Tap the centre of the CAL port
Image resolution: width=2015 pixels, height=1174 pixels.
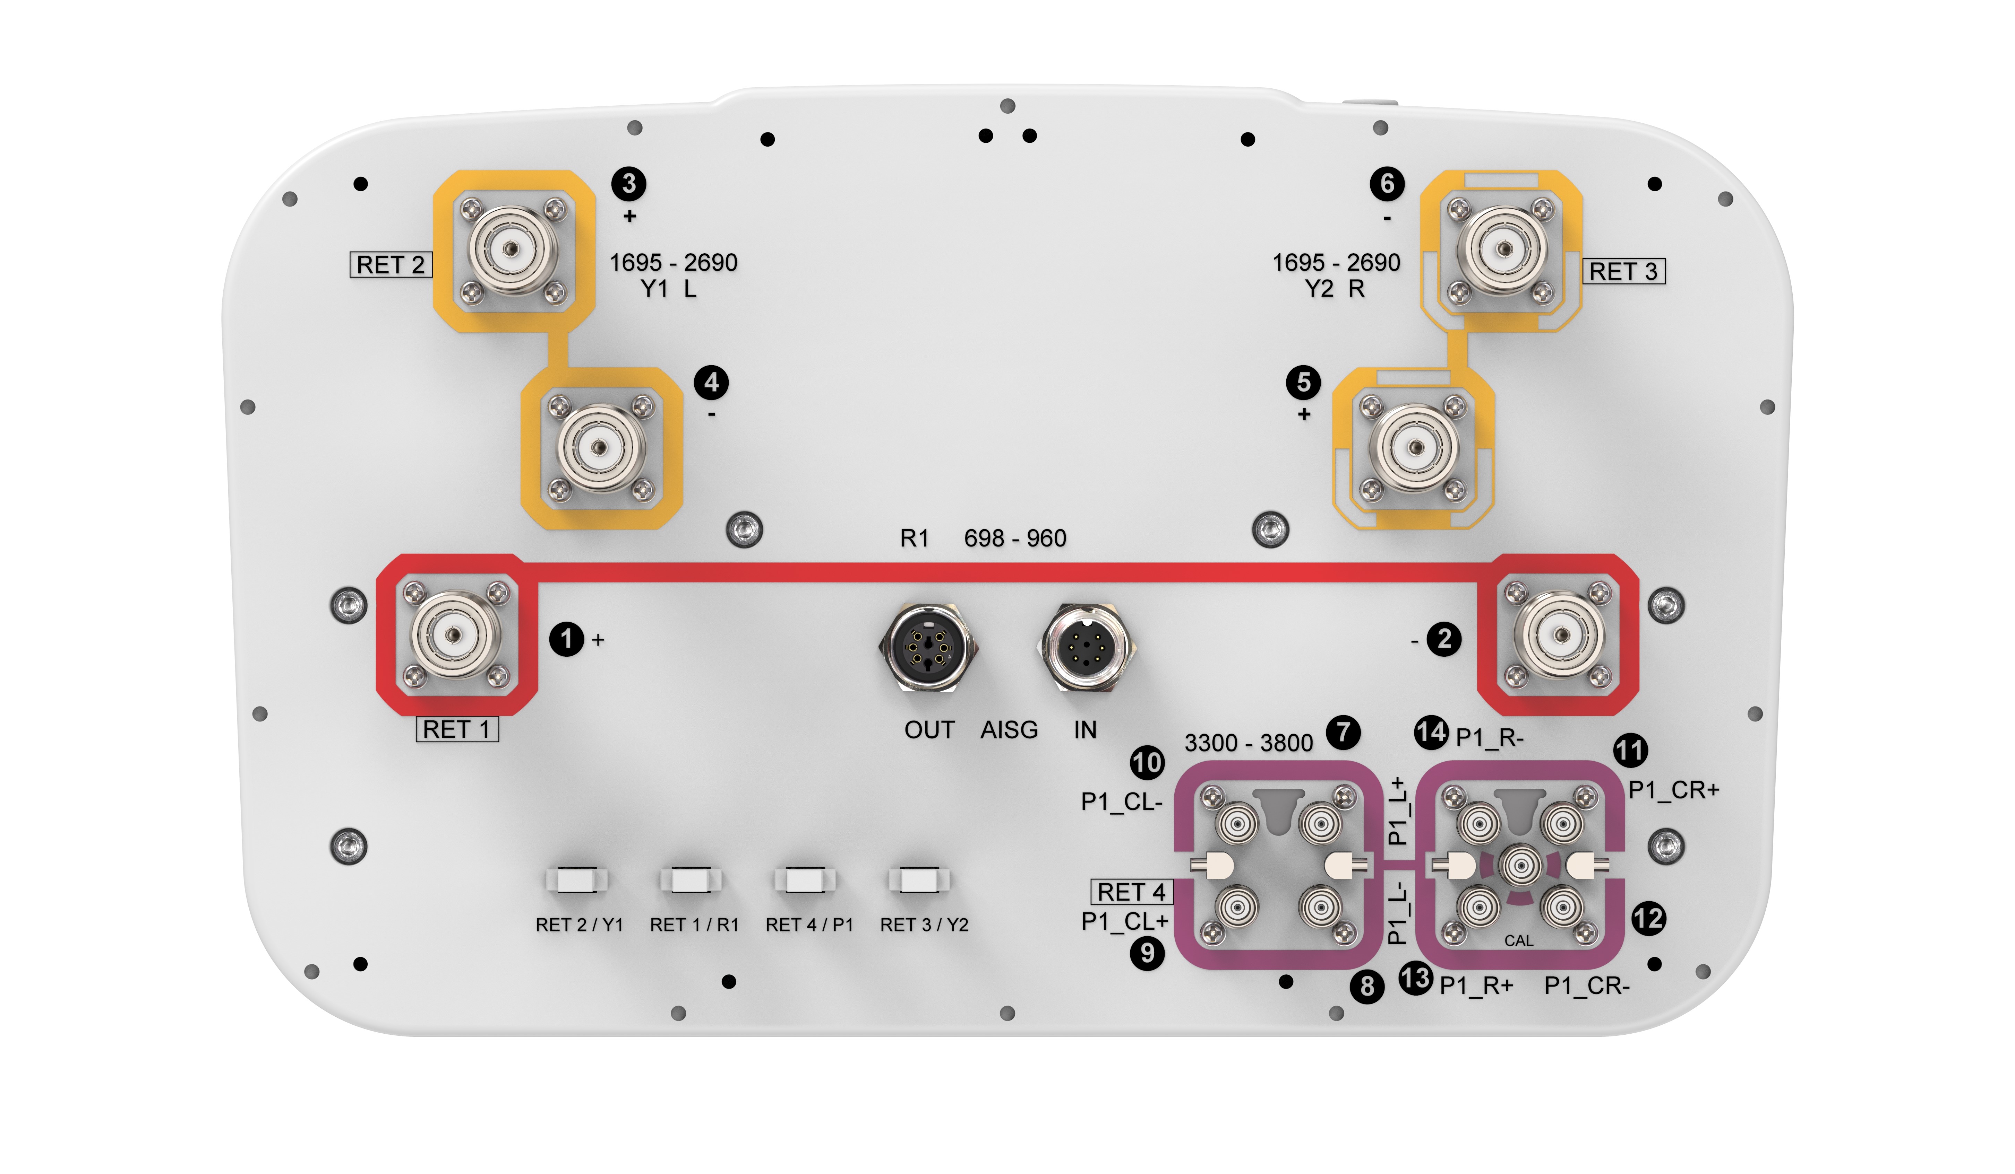click(1520, 865)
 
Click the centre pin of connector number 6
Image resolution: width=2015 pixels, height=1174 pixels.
click(1503, 249)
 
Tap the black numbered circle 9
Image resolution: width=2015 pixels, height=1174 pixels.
click(1147, 953)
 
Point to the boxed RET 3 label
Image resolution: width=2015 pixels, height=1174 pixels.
click(1623, 271)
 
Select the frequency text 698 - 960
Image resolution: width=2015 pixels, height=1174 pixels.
click(1015, 538)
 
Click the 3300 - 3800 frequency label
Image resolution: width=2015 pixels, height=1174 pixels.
click(1248, 743)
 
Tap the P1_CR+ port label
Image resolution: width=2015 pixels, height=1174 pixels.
click(1674, 790)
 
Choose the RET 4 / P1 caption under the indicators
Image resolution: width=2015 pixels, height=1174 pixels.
click(809, 925)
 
